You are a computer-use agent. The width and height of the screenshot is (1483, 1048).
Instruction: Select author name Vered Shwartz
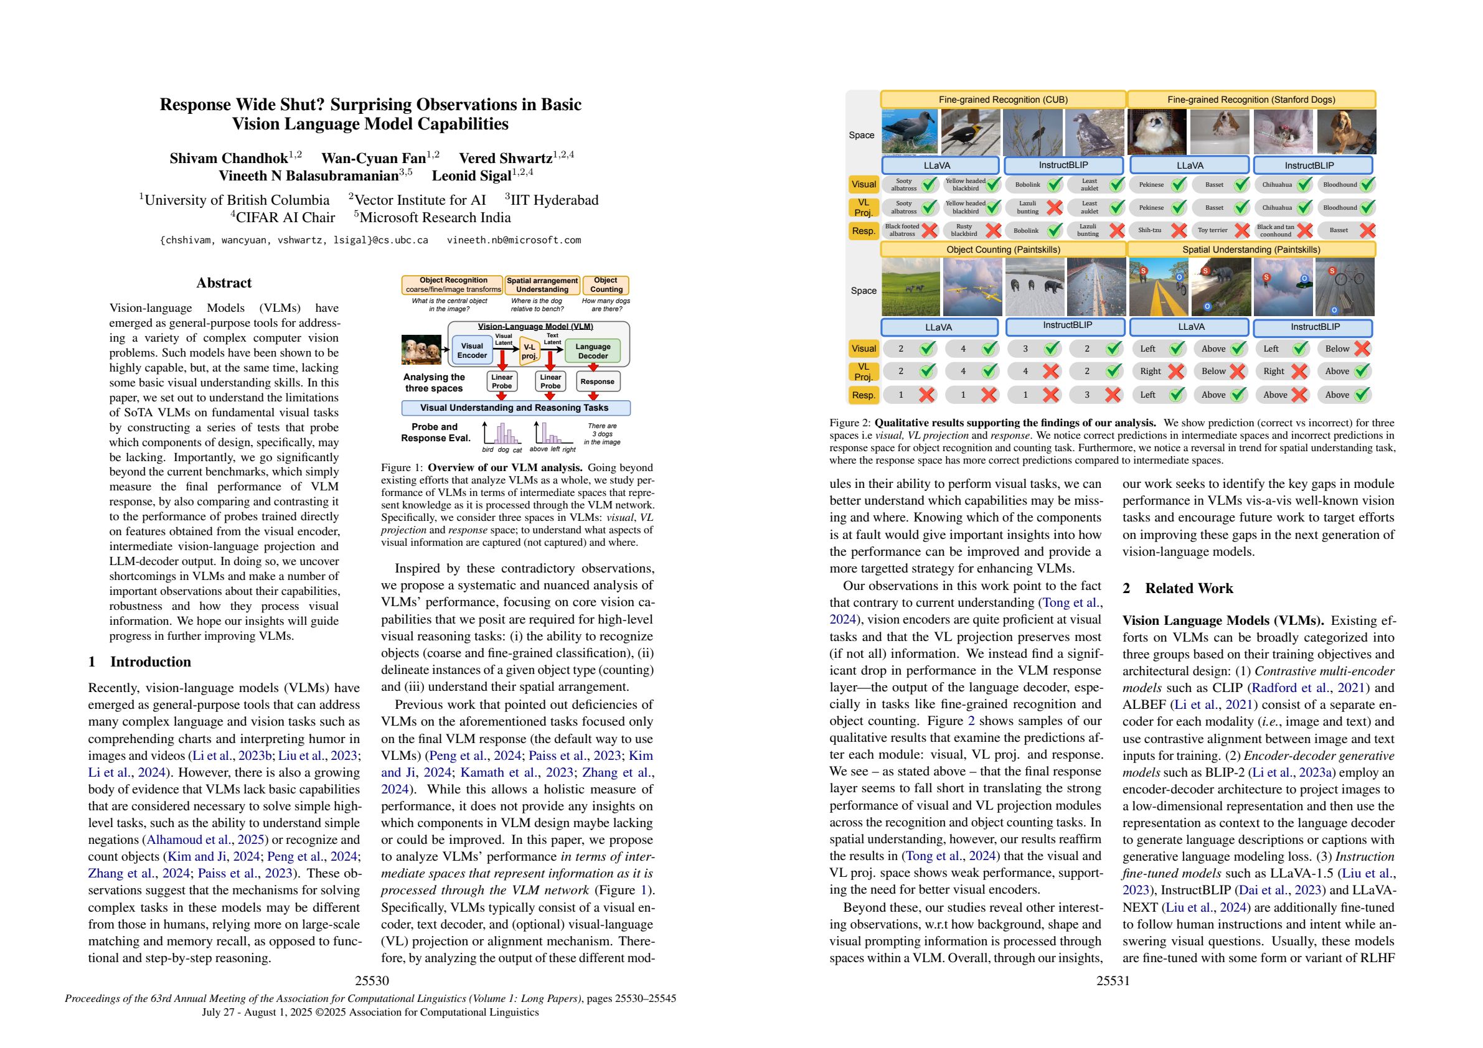pos(506,158)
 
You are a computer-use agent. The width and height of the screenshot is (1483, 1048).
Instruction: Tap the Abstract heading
pos(224,283)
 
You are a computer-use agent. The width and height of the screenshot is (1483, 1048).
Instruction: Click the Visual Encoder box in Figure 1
pos(471,350)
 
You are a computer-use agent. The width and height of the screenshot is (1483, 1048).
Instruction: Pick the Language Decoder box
pos(592,350)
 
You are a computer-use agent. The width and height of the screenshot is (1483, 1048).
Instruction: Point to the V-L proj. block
pos(530,351)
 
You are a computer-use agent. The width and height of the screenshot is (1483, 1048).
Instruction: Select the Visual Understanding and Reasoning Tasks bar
pos(516,408)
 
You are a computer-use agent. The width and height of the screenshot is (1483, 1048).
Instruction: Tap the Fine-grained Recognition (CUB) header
pos(1002,100)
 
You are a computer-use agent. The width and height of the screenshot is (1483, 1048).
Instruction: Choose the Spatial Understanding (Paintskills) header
pos(1251,250)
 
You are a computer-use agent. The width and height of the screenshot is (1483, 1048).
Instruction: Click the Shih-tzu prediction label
pos(1150,230)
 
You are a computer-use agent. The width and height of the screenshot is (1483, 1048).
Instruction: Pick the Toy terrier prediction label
pos(1212,230)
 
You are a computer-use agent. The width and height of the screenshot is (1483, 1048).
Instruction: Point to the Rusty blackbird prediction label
pos(964,230)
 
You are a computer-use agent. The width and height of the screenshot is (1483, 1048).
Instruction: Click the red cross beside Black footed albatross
pos(930,230)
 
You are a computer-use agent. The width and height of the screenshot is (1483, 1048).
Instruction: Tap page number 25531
pos(1113,981)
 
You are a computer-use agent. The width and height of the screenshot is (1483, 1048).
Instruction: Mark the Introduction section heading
pos(150,662)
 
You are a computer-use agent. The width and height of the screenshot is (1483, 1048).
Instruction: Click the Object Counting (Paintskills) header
pos(1004,250)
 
